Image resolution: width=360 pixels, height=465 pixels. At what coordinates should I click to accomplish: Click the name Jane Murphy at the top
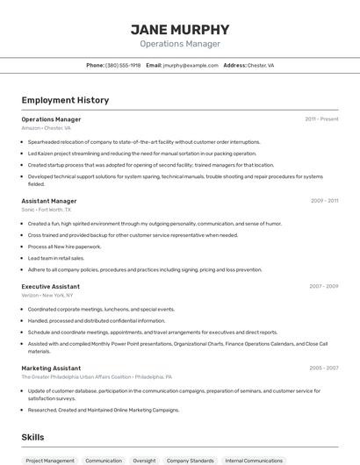pos(180,29)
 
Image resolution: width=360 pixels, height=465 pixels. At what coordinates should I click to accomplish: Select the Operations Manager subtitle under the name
pos(180,44)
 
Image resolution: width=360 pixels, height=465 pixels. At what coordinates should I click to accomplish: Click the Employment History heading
pos(65,100)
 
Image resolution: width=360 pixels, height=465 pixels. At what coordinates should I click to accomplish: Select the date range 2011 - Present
pos(321,118)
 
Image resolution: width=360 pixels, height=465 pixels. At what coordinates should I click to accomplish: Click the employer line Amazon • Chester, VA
pos(46,128)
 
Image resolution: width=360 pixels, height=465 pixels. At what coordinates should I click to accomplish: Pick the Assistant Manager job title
pos(49,201)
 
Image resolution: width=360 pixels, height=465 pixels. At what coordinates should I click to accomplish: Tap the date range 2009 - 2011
pos(324,201)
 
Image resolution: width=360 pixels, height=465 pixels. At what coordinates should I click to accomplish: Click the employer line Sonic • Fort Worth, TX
pos(47,211)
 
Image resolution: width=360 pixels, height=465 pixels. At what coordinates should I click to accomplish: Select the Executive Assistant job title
pos(51,286)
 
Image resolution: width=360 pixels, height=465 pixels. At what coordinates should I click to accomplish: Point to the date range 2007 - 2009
pos(323,286)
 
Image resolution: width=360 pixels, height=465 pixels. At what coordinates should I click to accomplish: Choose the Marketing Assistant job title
pos(51,368)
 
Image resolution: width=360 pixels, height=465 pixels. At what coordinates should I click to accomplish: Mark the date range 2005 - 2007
pos(323,368)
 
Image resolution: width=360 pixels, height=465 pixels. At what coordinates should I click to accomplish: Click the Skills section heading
pos(33,436)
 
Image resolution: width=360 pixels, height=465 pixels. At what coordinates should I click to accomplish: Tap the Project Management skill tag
pos(50,461)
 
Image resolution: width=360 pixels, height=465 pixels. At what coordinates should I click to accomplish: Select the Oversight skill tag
pos(144,461)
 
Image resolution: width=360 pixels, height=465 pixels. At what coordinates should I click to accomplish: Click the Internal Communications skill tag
pos(254,461)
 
